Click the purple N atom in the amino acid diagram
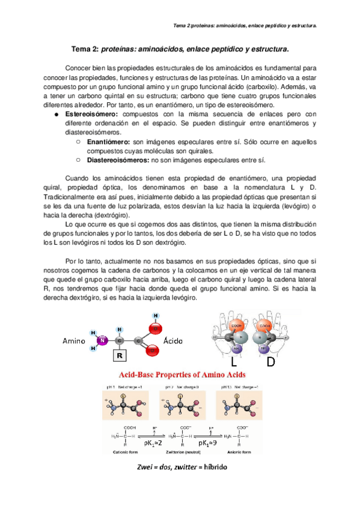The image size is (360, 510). click(x=103, y=341)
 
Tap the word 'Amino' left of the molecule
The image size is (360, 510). click(x=76, y=341)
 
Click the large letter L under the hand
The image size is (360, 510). click(x=235, y=362)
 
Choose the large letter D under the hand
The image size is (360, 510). click(x=271, y=362)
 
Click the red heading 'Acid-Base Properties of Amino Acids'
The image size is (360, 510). click(x=179, y=375)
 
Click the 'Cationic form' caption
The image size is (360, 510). click(x=124, y=450)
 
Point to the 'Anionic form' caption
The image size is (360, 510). click(x=237, y=450)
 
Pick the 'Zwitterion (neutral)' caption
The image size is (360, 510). click(x=180, y=450)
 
